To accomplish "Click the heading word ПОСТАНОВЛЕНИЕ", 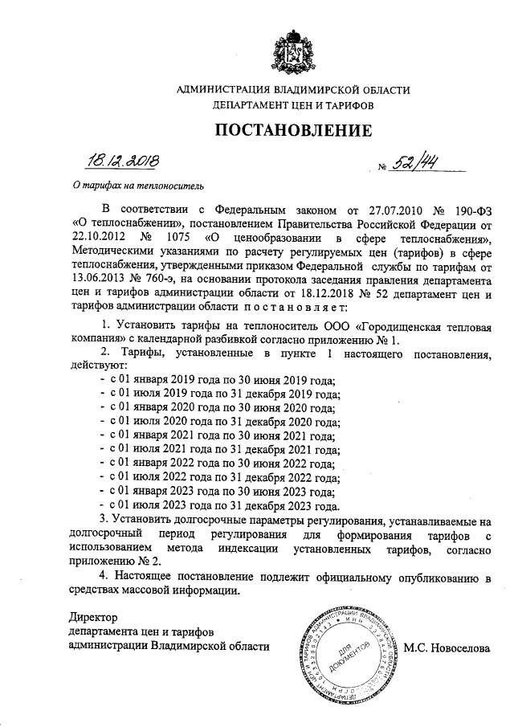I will point(292,131).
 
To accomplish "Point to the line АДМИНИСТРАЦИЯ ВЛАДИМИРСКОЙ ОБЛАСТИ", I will point(292,89).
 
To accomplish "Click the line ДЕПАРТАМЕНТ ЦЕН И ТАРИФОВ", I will point(292,104).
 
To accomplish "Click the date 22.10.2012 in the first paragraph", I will point(96,238).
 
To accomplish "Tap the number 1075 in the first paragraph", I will point(182,238).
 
